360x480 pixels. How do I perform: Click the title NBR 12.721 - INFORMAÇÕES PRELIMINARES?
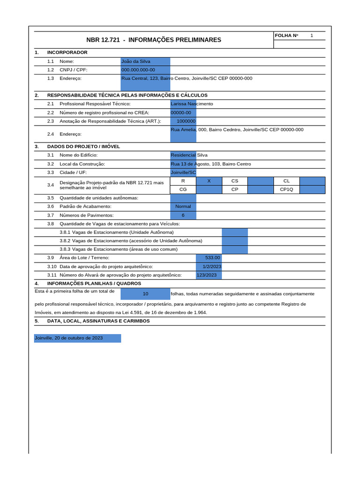pos(154,40)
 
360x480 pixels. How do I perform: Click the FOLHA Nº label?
pos(286,36)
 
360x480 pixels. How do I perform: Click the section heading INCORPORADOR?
pos(67,52)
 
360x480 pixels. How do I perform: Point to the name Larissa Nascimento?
pos(192,104)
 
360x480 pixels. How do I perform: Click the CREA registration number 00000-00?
pos(181,112)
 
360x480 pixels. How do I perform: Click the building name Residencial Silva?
pos(189,155)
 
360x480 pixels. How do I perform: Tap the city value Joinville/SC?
pos(183,172)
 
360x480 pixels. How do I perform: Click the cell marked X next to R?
pos(209,181)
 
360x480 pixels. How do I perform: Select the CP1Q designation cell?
pos(286,189)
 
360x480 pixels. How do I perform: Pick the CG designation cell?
pos(183,189)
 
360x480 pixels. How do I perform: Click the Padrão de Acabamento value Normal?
pos(183,206)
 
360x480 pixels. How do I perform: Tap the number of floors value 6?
pos(183,215)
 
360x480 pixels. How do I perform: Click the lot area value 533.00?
pos(212,258)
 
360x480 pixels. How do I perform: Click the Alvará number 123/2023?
pos(207,275)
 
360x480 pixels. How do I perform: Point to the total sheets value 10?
pos(145,293)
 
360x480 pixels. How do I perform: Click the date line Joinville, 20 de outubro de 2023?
pos(69,338)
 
